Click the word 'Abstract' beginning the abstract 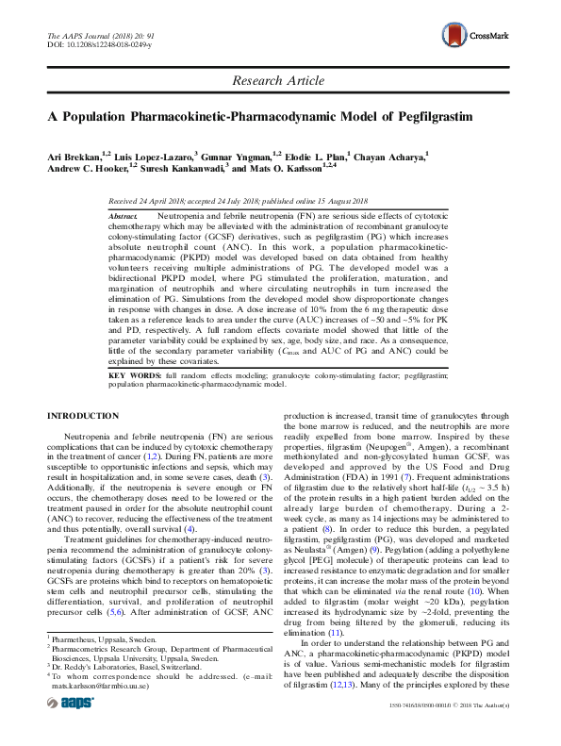(x=123, y=216)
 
